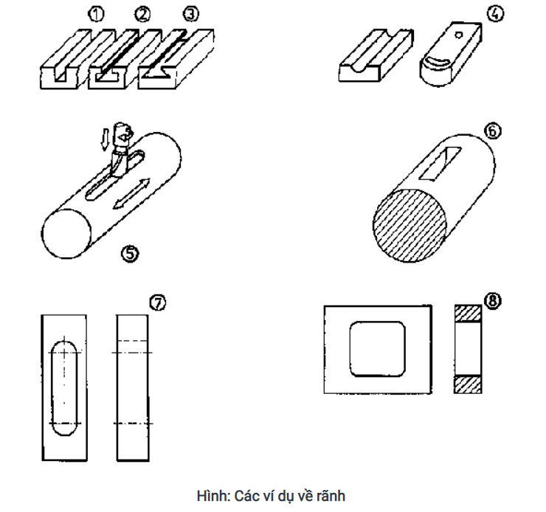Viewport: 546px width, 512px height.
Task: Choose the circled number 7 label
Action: click(x=157, y=301)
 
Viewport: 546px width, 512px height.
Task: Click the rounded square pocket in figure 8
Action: click(x=378, y=347)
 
